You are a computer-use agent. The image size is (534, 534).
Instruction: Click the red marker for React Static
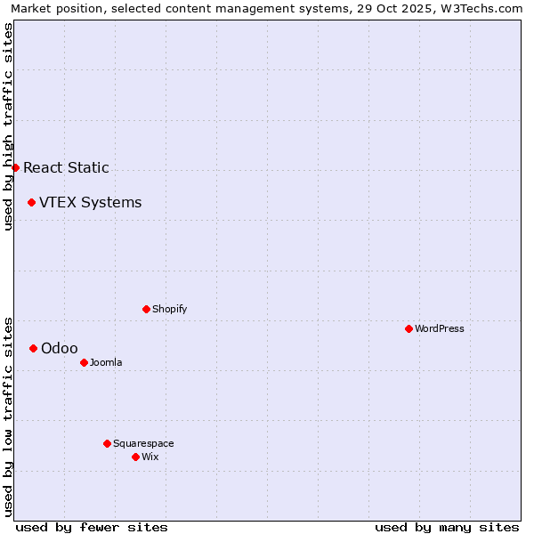click(15, 167)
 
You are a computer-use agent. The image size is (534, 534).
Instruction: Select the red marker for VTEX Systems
click(31, 202)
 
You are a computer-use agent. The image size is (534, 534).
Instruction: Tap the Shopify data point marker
click(146, 309)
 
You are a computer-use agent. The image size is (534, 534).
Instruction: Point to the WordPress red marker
click(409, 328)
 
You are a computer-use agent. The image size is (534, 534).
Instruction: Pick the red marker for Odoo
click(33, 348)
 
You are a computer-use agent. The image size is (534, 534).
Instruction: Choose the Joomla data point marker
click(84, 362)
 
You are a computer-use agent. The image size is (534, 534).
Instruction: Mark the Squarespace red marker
click(107, 443)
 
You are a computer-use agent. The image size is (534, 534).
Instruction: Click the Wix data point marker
click(135, 457)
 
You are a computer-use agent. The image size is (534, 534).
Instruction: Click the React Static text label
click(66, 167)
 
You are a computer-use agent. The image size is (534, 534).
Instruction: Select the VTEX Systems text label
click(90, 202)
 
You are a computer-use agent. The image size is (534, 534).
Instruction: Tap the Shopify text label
click(169, 309)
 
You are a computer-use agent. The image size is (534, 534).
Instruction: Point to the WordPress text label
click(439, 328)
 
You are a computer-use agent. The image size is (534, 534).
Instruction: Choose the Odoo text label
click(59, 348)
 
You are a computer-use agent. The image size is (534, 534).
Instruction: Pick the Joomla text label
click(105, 362)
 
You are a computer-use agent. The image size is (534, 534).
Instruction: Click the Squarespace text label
click(143, 443)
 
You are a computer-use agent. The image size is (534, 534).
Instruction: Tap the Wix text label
click(150, 457)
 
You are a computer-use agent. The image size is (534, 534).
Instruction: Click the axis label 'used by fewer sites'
click(92, 527)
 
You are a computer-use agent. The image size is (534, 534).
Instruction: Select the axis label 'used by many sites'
click(447, 527)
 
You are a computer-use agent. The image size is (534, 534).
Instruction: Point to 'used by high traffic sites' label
click(8, 126)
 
